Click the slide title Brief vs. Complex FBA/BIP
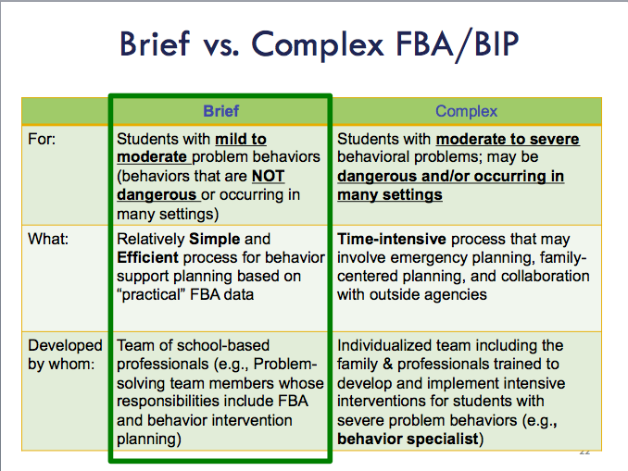coord(320,44)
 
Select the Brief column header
coord(221,111)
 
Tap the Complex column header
coord(466,111)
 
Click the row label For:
coord(42,139)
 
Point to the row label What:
coord(48,239)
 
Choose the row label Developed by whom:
coord(65,354)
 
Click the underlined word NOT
coord(269,176)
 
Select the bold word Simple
coord(214,239)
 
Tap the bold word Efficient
coord(147,257)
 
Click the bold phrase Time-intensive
coord(392,239)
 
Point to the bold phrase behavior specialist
coord(408,439)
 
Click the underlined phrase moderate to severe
coord(508,139)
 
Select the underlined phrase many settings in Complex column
coord(390,195)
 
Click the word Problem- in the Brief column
coord(285,365)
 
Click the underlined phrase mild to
coord(241,139)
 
